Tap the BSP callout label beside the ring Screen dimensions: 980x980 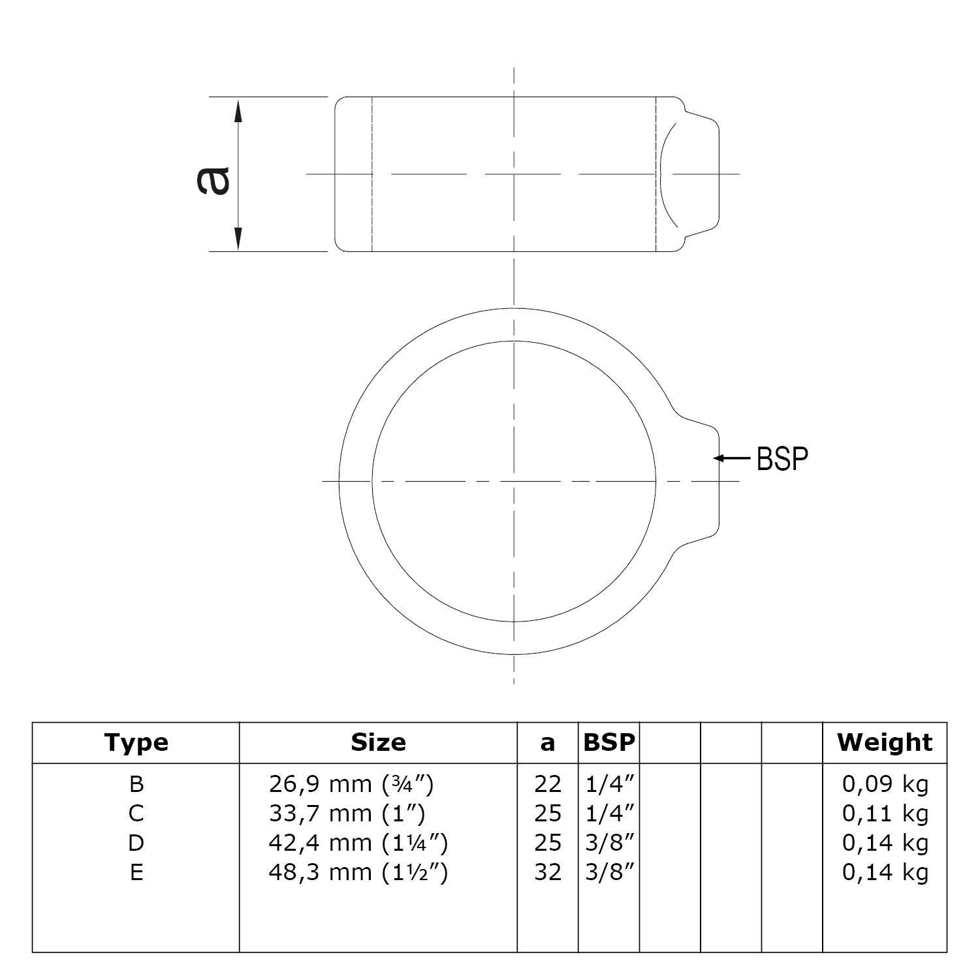(782, 459)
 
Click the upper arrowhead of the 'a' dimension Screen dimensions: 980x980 (238, 111)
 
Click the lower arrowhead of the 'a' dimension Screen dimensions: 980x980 (238, 238)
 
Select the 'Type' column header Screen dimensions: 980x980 (136, 742)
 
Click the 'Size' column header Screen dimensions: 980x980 (378, 742)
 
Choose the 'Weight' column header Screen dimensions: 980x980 (885, 742)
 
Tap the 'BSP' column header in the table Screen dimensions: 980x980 (609, 742)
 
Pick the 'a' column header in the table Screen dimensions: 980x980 (547, 743)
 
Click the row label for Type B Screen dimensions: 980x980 (136, 783)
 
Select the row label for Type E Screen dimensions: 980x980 (136, 872)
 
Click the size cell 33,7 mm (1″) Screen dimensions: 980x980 (347, 814)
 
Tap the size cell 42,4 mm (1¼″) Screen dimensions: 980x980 (358, 843)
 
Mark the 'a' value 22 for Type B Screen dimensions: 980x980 (547, 783)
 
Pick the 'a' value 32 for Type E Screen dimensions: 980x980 (547, 872)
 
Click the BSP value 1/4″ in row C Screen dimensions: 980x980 (610, 814)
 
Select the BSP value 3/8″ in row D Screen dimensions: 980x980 (610, 843)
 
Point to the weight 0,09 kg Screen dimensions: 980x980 (885, 783)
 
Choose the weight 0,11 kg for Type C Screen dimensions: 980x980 (885, 814)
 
